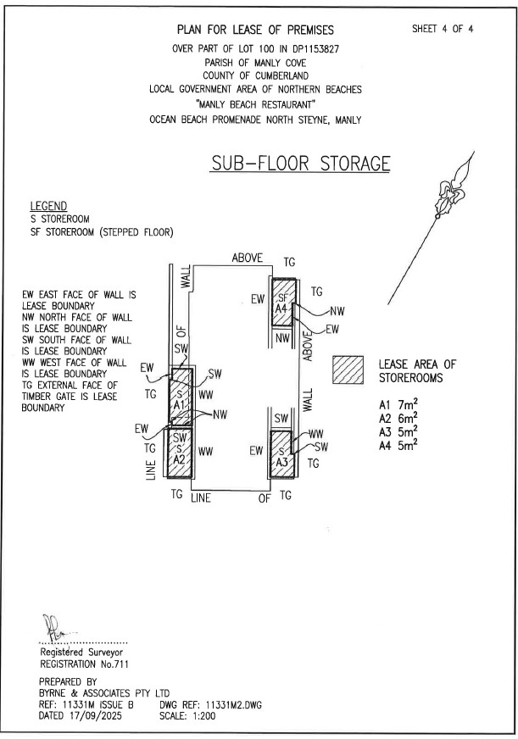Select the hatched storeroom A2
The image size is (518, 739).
click(180, 452)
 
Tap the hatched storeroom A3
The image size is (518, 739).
click(281, 454)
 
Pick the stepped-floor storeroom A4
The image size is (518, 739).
click(284, 302)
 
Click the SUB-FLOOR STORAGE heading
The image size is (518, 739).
click(301, 163)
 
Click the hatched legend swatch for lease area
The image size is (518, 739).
click(348, 369)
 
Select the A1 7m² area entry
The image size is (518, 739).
click(398, 405)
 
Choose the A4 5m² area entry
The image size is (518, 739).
click(398, 446)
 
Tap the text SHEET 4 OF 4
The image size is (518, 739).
click(443, 29)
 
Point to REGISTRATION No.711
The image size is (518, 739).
click(84, 664)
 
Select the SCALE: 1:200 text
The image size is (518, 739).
click(187, 716)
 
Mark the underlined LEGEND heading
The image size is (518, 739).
click(48, 207)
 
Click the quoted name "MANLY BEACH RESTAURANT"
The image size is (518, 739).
click(255, 104)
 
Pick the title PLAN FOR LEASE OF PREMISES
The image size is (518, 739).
click(255, 30)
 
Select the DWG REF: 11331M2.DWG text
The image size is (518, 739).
click(211, 705)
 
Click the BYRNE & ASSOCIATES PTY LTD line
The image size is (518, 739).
click(104, 693)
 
